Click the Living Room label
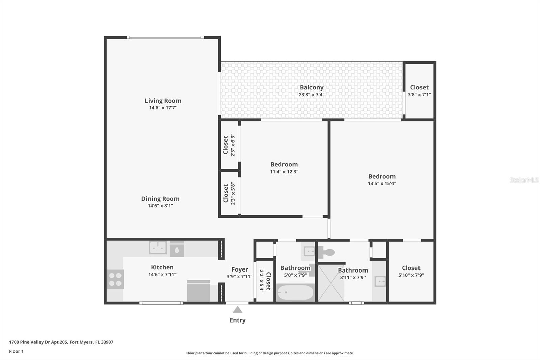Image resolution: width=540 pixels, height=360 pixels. [x=163, y=101]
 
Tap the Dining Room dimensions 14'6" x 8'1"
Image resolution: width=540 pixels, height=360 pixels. [x=160, y=206]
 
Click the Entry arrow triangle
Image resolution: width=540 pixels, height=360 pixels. [x=238, y=309]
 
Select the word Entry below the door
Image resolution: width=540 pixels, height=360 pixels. [x=238, y=320]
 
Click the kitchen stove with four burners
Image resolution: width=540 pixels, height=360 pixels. [x=115, y=279]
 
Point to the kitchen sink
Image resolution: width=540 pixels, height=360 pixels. [x=158, y=248]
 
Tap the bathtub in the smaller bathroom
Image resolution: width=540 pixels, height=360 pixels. [x=295, y=292]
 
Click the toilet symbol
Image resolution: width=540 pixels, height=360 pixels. [x=326, y=252]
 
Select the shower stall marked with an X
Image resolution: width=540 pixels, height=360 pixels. [x=331, y=283]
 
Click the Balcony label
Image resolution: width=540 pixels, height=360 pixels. [x=312, y=87]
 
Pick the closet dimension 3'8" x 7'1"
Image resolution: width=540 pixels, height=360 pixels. [x=419, y=94]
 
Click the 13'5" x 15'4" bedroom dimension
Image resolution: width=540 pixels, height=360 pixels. [x=382, y=183]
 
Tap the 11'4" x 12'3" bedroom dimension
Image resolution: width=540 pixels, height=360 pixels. [x=284, y=172]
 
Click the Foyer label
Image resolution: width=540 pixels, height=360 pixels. [x=240, y=269]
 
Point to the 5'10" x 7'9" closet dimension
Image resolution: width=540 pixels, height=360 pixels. [x=411, y=275]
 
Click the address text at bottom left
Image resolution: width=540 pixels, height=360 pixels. [x=61, y=342]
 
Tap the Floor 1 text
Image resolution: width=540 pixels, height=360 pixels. [x=17, y=351]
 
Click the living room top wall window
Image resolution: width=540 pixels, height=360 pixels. [x=165, y=37]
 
